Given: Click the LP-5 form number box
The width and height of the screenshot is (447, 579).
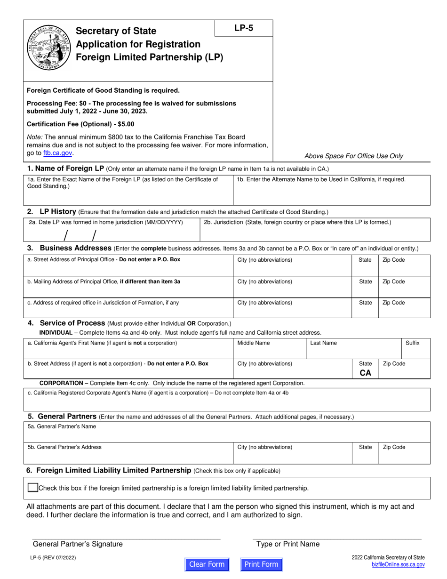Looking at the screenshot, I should pos(244,28).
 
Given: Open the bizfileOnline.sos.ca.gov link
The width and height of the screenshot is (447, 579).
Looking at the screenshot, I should pos(398,564).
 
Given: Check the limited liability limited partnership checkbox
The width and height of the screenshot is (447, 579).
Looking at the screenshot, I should pos(32,488).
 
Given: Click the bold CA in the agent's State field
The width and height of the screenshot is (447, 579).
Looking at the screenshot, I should pos(365,372).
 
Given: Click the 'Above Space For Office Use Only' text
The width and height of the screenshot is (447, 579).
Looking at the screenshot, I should pos(354,156).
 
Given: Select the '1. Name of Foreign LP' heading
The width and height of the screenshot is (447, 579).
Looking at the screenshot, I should pos(66,169).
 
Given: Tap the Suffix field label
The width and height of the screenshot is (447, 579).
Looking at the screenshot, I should pos(412,343).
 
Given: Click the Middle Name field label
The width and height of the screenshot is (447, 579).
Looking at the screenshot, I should pos(254,343).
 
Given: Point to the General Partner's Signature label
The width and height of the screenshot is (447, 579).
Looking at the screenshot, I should pos(78,544).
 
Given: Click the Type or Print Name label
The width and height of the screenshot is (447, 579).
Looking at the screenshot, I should pos(288,544).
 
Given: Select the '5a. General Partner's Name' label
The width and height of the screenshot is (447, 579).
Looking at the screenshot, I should pos(62,426).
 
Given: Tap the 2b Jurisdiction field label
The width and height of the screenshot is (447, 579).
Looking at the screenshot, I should pos(297,222).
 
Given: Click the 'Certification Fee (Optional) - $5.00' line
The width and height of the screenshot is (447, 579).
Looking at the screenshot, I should pos(80,124).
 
